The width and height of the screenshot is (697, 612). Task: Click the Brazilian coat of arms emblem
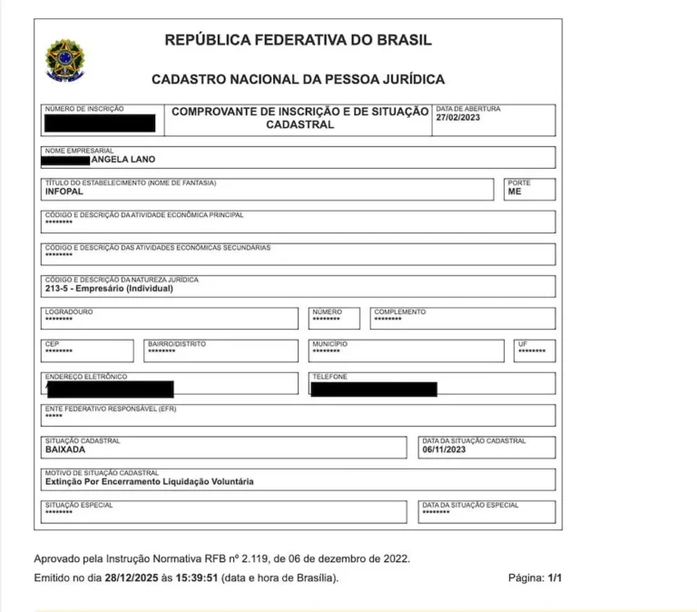click(64, 59)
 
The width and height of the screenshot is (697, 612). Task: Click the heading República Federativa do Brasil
click(298, 40)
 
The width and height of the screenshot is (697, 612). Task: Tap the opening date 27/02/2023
click(458, 118)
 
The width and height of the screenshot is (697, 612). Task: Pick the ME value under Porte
click(515, 192)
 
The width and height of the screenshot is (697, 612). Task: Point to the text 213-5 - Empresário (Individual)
click(108, 289)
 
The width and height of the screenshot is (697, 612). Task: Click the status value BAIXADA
click(65, 449)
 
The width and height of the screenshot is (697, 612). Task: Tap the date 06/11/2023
click(444, 449)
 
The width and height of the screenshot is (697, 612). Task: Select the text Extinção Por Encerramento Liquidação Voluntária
click(149, 481)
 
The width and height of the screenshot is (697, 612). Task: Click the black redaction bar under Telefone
click(373, 390)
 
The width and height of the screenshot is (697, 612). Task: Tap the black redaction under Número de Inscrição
click(100, 123)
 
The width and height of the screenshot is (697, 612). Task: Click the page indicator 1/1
click(554, 577)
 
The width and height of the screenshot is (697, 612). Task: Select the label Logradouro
click(69, 311)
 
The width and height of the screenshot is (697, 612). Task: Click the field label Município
click(329, 344)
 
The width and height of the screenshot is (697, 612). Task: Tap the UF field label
click(523, 344)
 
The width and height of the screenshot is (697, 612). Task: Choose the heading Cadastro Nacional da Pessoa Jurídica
click(298, 80)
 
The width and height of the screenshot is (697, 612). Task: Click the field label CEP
click(52, 344)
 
